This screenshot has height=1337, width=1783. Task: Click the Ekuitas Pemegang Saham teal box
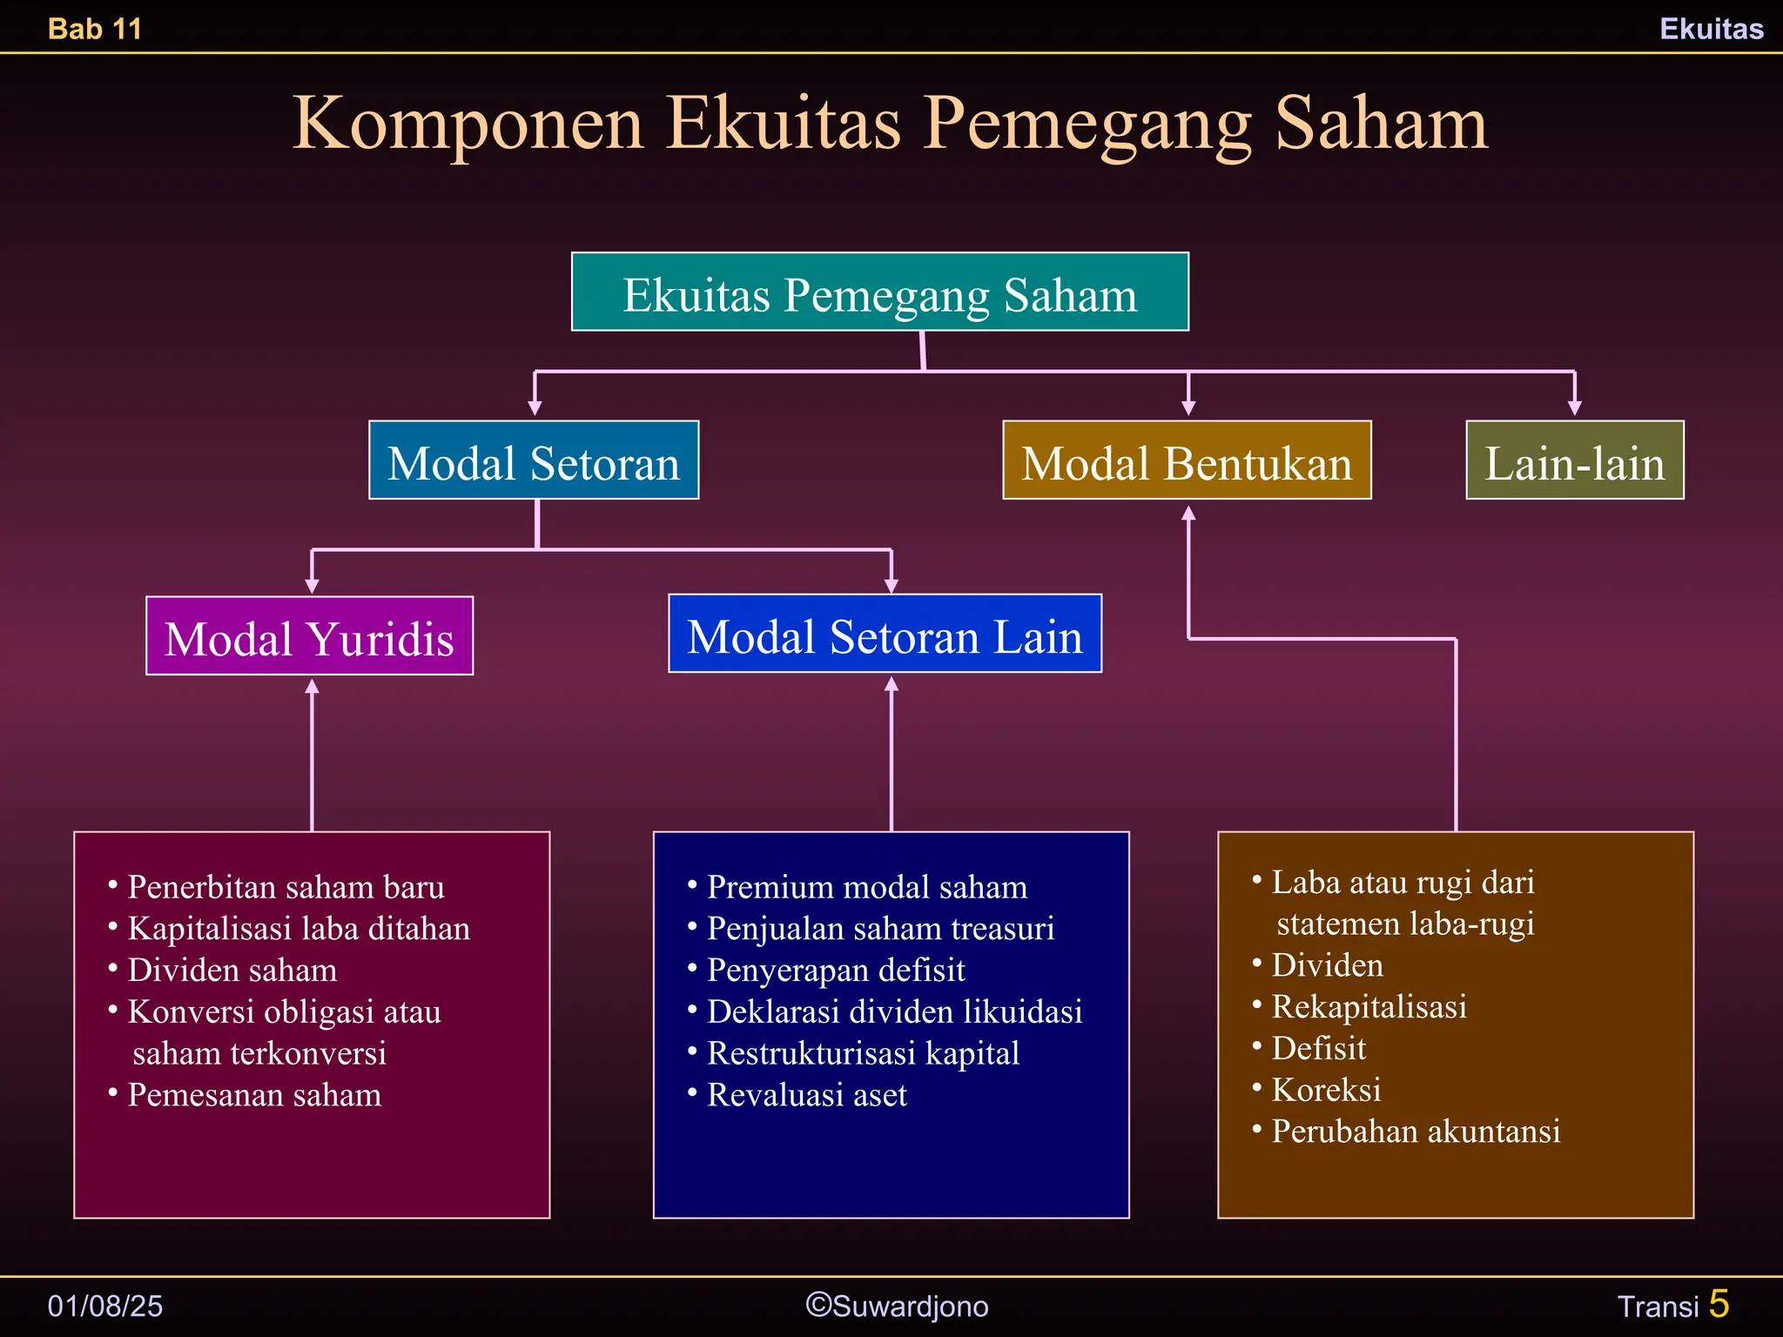(x=879, y=292)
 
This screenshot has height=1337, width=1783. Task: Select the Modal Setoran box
(x=534, y=460)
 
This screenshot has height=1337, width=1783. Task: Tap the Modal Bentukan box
(x=1187, y=460)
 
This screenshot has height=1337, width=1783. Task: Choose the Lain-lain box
(x=1574, y=460)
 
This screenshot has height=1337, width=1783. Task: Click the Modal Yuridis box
(x=309, y=636)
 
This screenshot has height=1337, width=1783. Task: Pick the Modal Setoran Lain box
(x=885, y=634)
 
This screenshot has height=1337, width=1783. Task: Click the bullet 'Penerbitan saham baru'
(x=286, y=887)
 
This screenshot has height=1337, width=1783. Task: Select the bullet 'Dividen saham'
(x=232, y=970)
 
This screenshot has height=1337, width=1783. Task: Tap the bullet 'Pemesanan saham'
(x=254, y=1095)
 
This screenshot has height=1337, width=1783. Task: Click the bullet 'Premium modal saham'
(x=866, y=887)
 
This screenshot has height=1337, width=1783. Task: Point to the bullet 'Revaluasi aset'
(x=806, y=1095)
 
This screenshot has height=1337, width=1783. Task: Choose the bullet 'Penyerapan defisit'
(x=835, y=970)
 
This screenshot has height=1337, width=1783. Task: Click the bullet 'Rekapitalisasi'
(x=1369, y=1007)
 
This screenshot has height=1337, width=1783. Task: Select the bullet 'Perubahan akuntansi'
(x=1416, y=1132)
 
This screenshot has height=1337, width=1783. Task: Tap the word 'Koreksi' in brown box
(x=1326, y=1090)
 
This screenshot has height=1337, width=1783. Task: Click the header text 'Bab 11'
(x=95, y=29)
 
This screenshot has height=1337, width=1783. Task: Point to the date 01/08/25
(x=105, y=1306)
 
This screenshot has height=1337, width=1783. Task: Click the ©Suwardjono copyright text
(x=897, y=1306)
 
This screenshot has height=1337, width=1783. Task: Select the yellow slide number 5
(x=1719, y=1304)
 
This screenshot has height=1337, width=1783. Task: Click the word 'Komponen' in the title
(x=468, y=124)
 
